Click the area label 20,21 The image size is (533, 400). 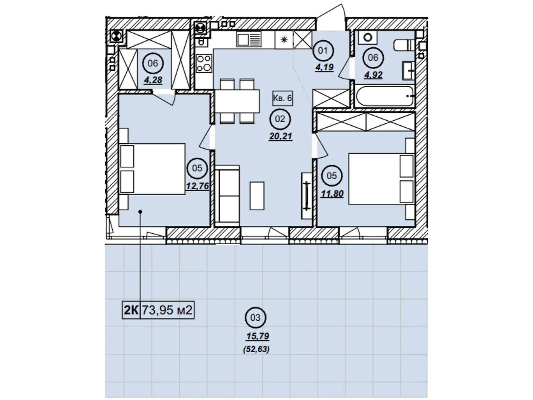280,136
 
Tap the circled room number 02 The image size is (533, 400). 280,119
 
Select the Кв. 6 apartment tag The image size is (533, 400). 282,98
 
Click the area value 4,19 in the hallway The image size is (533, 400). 324,67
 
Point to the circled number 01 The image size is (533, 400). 323,51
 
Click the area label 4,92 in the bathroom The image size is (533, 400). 373,75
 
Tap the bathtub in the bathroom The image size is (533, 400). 385,96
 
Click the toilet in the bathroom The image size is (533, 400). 404,45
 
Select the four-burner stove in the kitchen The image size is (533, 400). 204,64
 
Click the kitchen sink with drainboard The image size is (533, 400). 249,40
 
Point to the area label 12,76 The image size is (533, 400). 198,186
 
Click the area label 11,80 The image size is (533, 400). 332,194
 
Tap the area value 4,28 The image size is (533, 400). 153,80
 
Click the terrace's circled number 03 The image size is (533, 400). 255,317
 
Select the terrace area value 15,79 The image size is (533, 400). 258,336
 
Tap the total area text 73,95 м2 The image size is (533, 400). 167,310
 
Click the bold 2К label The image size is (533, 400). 131,310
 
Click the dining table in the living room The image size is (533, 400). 237,101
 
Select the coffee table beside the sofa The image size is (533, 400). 257,196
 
